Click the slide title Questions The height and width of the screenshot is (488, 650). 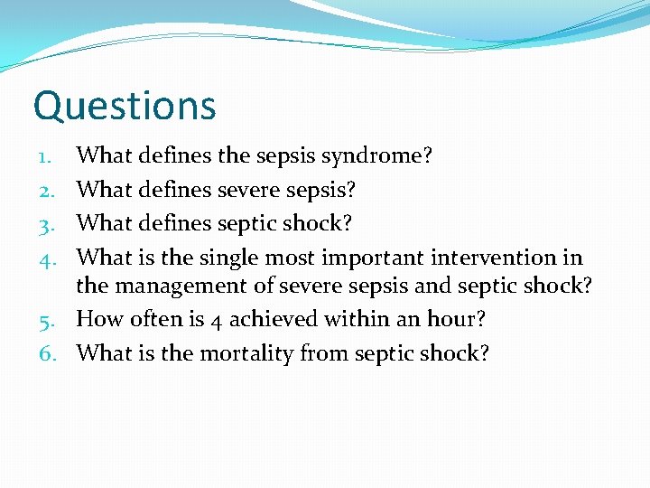[x=125, y=106]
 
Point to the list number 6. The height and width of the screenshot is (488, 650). [x=48, y=353]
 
